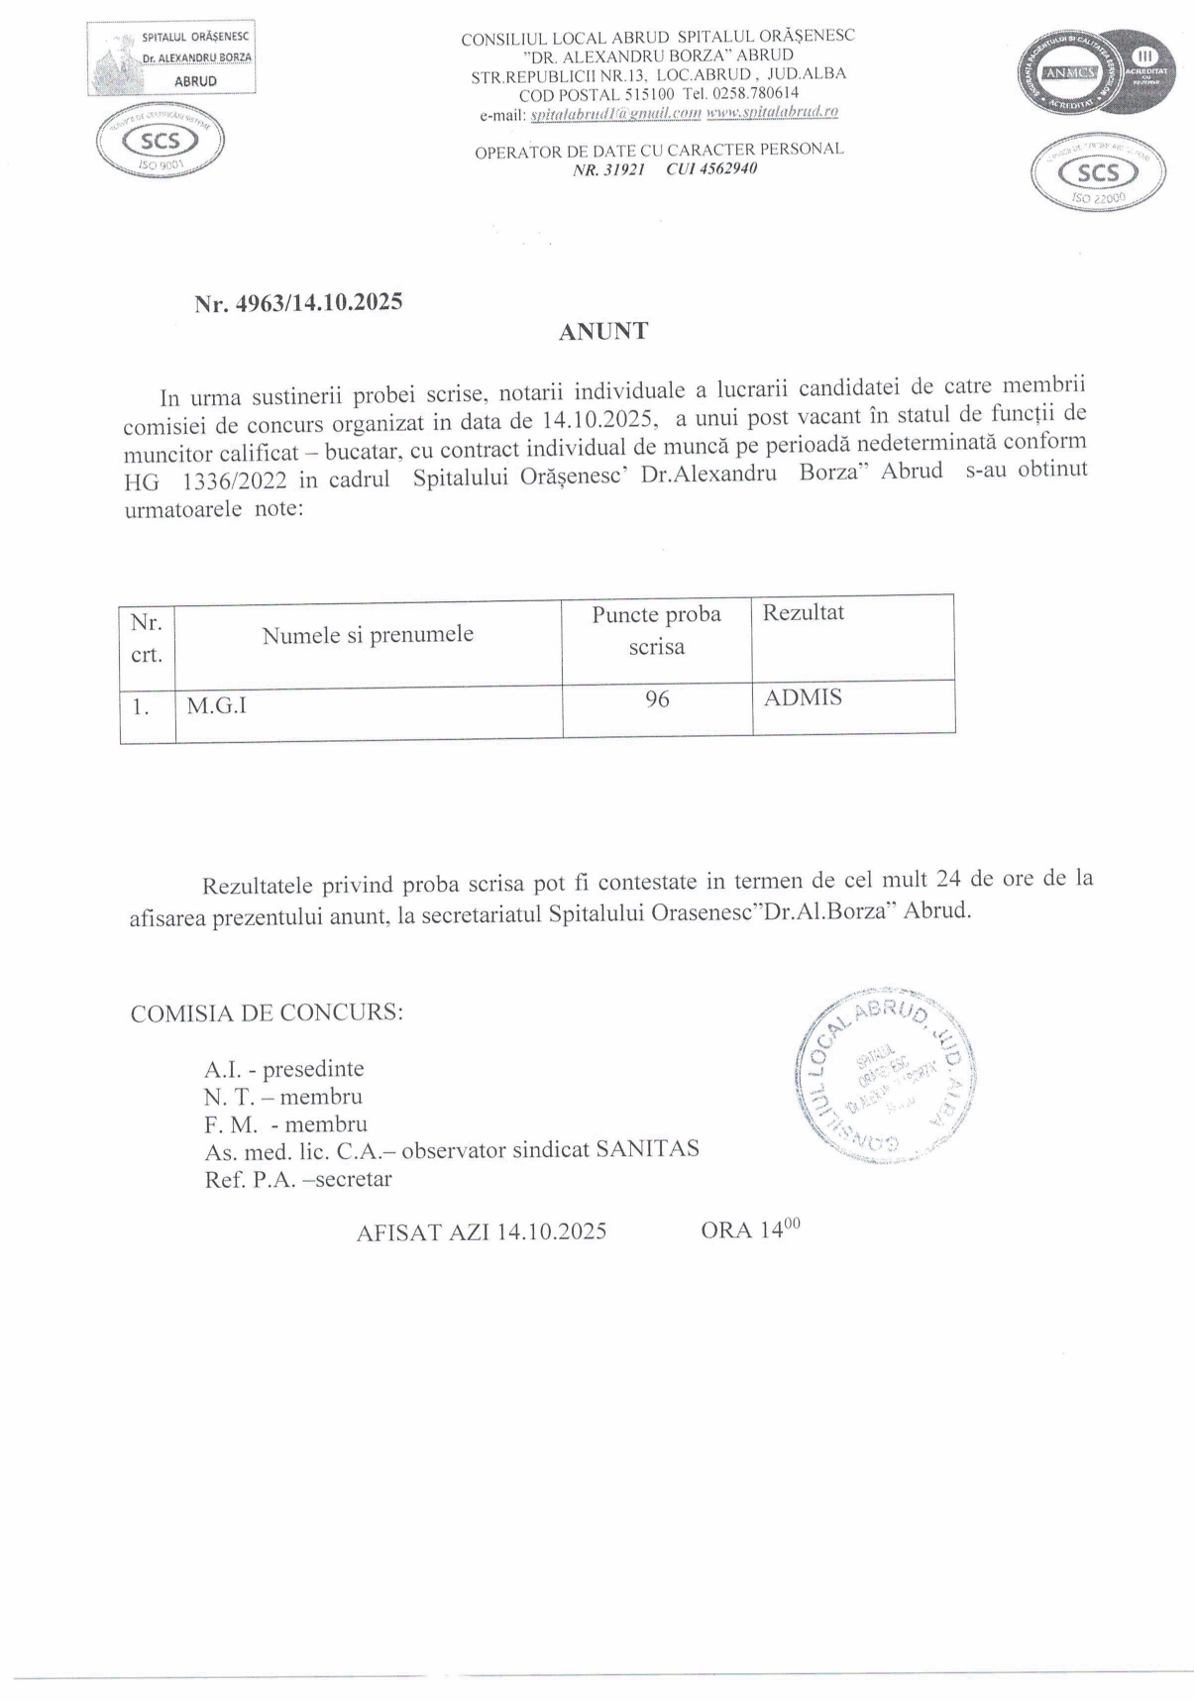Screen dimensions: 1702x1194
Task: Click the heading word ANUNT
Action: click(x=602, y=332)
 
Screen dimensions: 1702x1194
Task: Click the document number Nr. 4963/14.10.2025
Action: click(x=298, y=303)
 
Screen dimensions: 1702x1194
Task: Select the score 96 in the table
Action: click(x=657, y=699)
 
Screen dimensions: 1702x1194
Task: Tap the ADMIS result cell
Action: click(x=803, y=697)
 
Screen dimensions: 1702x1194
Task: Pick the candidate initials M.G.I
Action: click(x=216, y=706)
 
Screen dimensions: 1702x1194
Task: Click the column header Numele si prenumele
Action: click(x=368, y=635)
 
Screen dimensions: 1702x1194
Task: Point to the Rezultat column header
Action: click(x=803, y=612)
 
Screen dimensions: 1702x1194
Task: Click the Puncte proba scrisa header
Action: click(x=656, y=630)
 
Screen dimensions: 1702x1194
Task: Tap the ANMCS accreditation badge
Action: click(x=1094, y=73)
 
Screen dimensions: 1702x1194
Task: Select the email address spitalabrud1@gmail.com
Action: click(x=615, y=113)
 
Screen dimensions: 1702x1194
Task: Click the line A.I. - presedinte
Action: click(x=284, y=1069)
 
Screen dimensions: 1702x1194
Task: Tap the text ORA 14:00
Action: click(x=750, y=1229)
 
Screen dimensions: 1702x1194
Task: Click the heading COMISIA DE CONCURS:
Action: click(x=267, y=1013)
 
